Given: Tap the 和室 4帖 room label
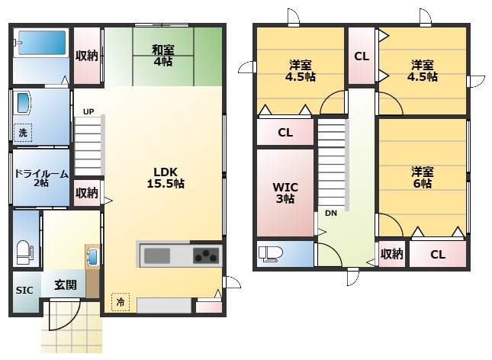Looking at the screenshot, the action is click(x=162, y=56).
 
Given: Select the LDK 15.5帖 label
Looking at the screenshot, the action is click(x=166, y=178).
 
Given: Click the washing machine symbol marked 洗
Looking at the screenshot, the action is click(x=23, y=133).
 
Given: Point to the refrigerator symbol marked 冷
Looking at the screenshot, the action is click(x=121, y=302).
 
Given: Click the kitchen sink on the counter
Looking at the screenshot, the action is click(x=157, y=256).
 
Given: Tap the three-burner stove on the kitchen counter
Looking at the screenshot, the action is click(x=206, y=256).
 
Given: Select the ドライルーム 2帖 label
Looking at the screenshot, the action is click(x=41, y=178).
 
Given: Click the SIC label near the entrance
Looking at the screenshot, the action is click(x=24, y=291).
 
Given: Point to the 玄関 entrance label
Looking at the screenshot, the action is click(x=66, y=285).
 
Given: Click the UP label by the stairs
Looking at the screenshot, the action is click(x=88, y=111).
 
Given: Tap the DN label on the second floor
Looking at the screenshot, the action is click(x=331, y=214).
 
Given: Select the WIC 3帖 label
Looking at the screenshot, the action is click(x=285, y=193).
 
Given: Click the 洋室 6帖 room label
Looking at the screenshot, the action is click(x=423, y=178).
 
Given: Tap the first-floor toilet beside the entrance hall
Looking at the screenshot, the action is click(x=24, y=252).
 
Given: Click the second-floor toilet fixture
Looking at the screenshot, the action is click(x=271, y=254).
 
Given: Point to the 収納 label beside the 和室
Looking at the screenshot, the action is click(x=87, y=56).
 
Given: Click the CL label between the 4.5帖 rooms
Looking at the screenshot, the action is click(x=362, y=56).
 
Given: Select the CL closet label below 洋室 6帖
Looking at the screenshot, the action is click(x=438, y=254).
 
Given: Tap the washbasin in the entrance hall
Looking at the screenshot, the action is click(x=92, y=257).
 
